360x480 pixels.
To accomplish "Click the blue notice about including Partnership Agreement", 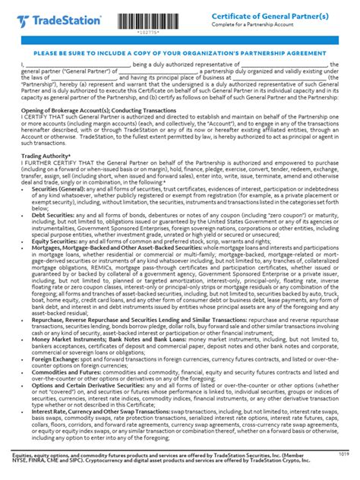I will point(180,54).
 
